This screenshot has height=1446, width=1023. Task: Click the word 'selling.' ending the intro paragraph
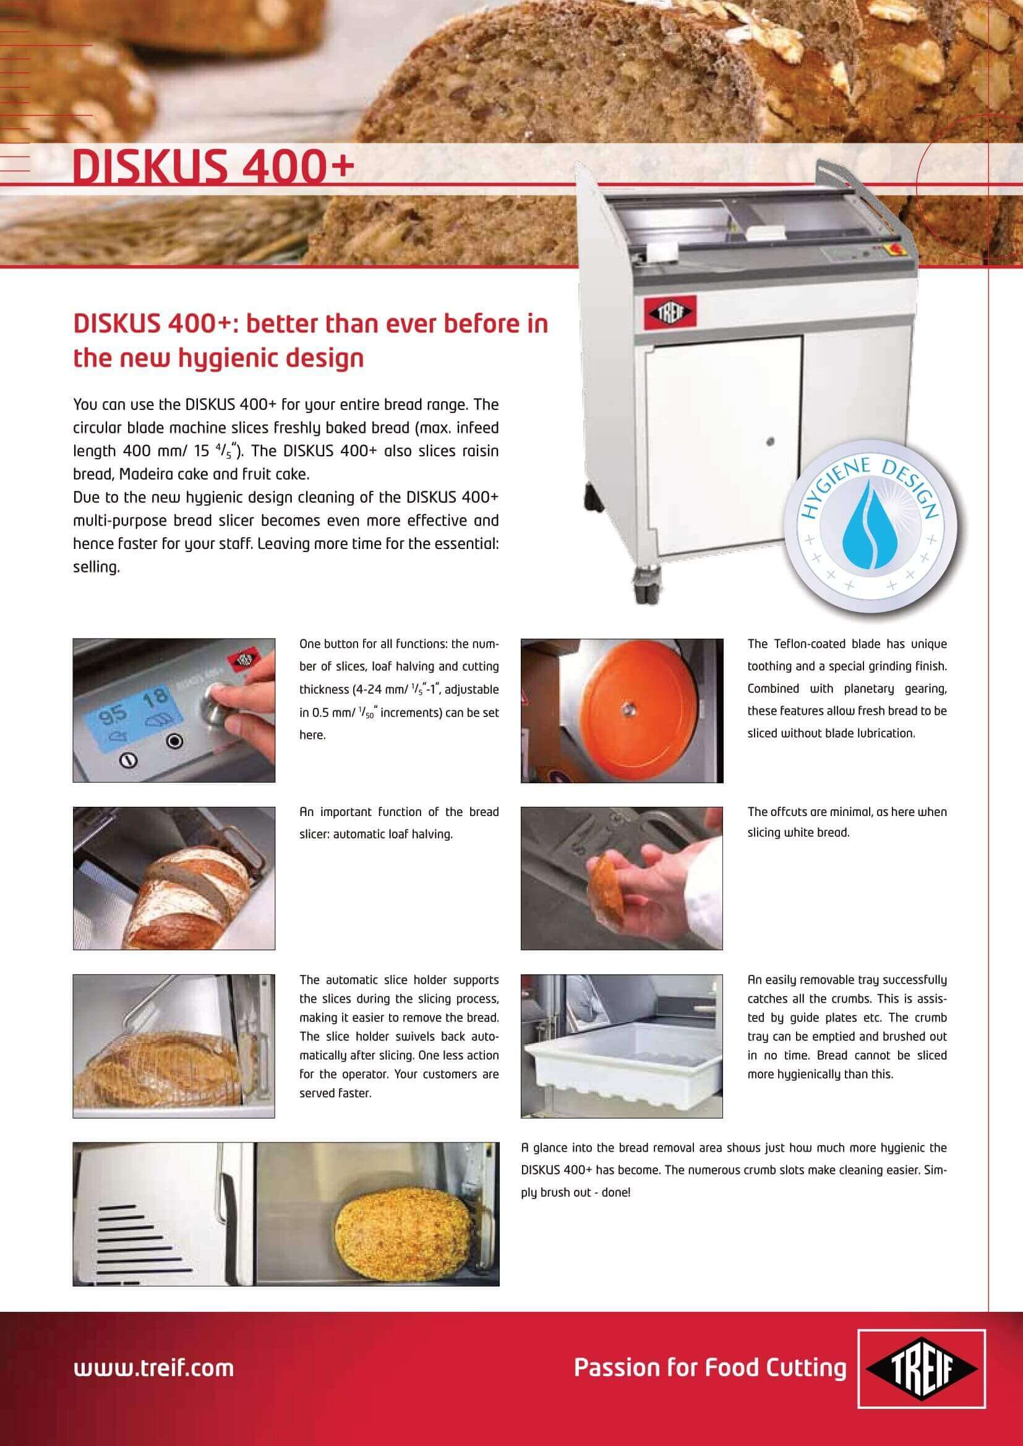point(96,568)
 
